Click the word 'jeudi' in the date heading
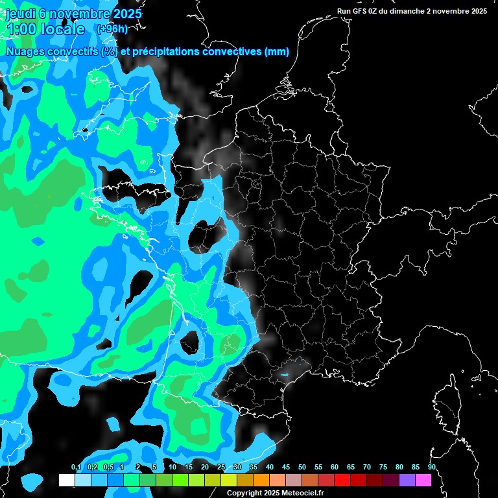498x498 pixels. tap(19, 14)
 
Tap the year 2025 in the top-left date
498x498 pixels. tap(127, 14)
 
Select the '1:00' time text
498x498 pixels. tap(22, 29)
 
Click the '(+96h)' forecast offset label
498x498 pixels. tap(112, 29)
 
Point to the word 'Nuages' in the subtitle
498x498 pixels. tap(25, 52)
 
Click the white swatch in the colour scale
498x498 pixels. tap(66, 480)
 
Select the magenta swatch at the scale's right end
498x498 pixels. tap(423, 480)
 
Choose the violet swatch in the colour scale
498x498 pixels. tap(407, 480)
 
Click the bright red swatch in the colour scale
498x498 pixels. tap(342, 480)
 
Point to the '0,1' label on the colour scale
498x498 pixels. tap(76, 468)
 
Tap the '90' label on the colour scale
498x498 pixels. tap(431, 468)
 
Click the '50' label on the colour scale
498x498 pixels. tap(302, 468)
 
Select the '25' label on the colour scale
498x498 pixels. tap(221, 468)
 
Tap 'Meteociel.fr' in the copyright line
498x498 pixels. tap(303, 493)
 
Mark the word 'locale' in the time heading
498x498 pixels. tap(63, 29)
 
